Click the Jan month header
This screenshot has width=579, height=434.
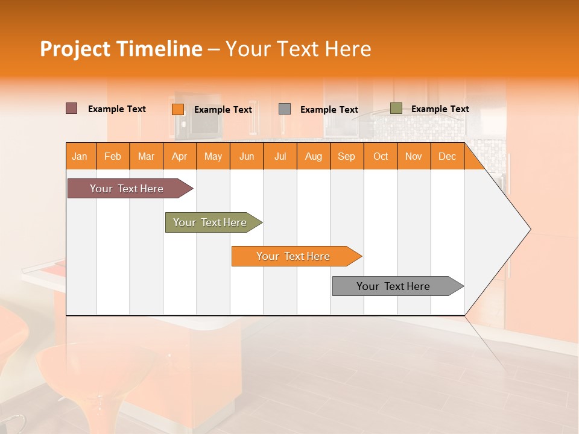click(80, 156)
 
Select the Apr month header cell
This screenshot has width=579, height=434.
click(180, 156)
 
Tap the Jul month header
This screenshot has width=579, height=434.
click(280, 156)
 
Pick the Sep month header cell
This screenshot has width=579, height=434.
click(347, 156)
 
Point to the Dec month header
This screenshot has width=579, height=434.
click(447, 156)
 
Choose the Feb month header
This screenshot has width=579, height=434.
click(113, 156)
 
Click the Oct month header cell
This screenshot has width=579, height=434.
click(381, 156)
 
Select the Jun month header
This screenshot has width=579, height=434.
click(247, 156)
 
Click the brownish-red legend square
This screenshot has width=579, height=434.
click(71, 108)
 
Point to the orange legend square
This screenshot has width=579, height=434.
click(177, 109)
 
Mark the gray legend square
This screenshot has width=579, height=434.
click(285, 108)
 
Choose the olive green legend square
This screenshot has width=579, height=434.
click(396, 108)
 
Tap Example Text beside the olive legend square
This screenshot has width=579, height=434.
click(440, 108)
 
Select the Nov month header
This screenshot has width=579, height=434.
click(414, 156)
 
